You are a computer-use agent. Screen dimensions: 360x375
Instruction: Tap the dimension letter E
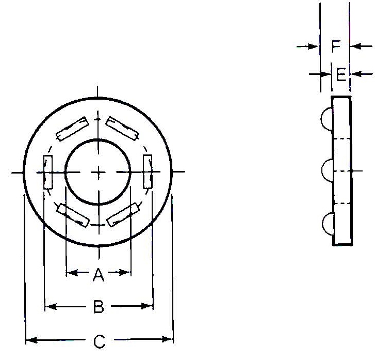[340, 75]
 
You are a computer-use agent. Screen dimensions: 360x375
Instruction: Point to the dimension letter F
[336, 48]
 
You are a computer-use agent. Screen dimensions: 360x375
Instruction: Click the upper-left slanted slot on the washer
[72, 129]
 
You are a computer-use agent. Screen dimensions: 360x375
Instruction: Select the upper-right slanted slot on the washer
[123, 129]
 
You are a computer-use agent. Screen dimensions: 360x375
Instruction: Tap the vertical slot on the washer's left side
[48, 171]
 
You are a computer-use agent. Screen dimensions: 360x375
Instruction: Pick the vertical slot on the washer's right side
[148, 171]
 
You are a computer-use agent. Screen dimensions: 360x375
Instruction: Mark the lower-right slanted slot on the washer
[123, 214]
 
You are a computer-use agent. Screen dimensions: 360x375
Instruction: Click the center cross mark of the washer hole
[98, 171]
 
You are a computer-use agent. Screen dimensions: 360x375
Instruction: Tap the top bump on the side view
[326, 120]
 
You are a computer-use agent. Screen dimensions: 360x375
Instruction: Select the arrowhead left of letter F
[314, 46]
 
